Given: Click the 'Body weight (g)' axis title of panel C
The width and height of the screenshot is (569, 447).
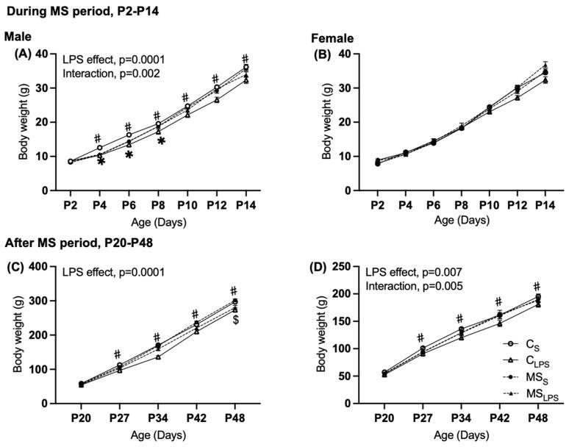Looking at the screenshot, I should [x=10, y=335].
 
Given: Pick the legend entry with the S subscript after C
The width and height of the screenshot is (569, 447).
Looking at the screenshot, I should [x=529, y=344].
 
